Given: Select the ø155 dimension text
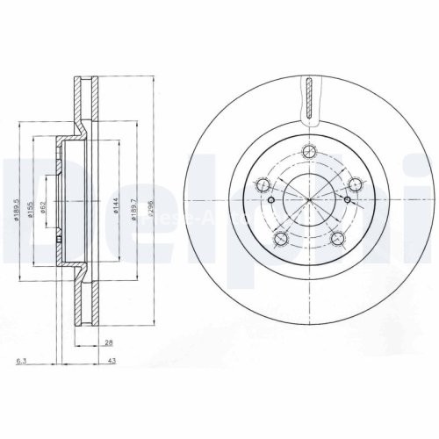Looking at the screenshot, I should click(x=31, y=209).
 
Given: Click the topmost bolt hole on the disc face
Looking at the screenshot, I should click(x=308, y=150).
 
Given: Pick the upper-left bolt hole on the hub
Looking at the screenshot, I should click(x=262, y=184).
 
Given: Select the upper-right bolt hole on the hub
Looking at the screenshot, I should click(x=355, y=184).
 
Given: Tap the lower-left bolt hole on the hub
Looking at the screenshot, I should click(x=280, y=238).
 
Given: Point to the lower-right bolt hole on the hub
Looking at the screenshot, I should click(x=337, y=238).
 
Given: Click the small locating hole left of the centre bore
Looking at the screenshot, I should click(x=270, y=200).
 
